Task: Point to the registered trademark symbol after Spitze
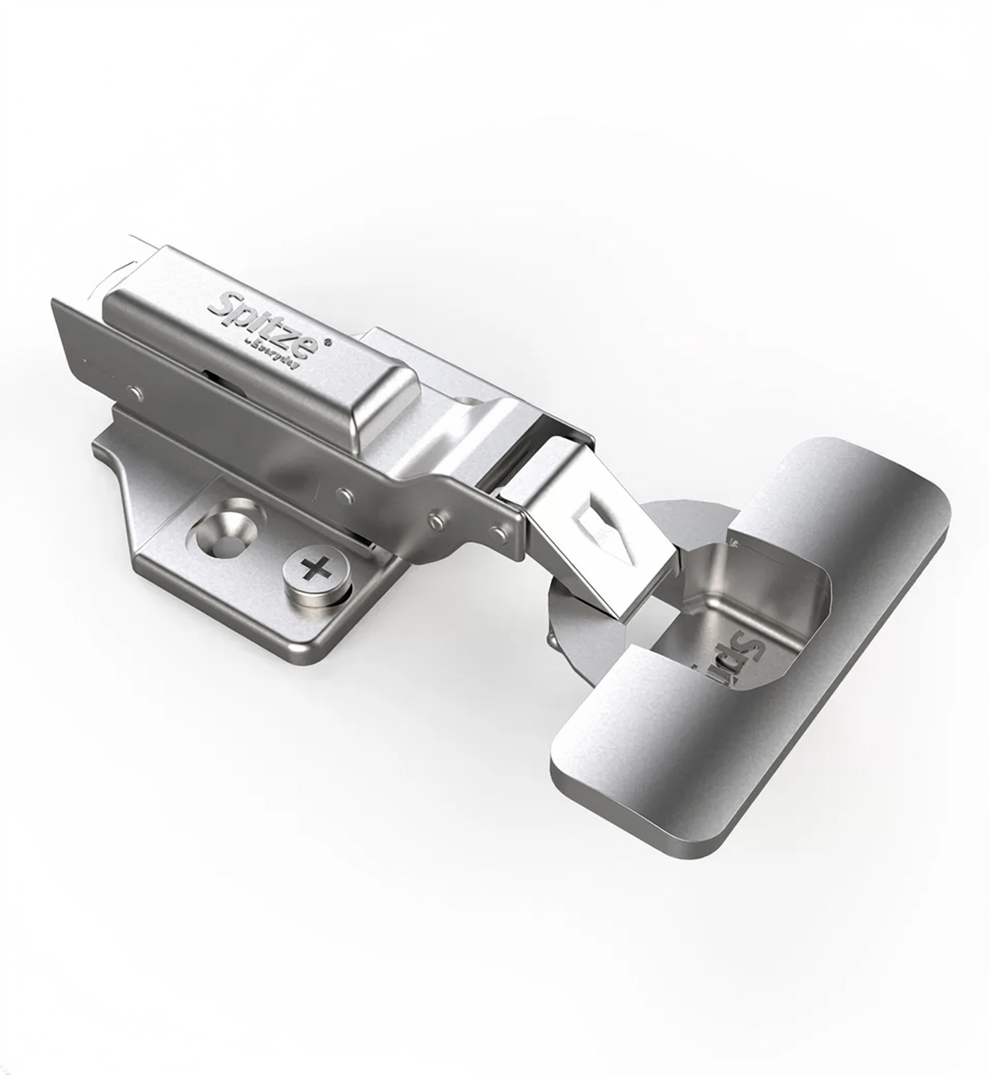tap(328, 341)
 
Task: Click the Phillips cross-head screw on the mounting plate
tap(317, 571)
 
